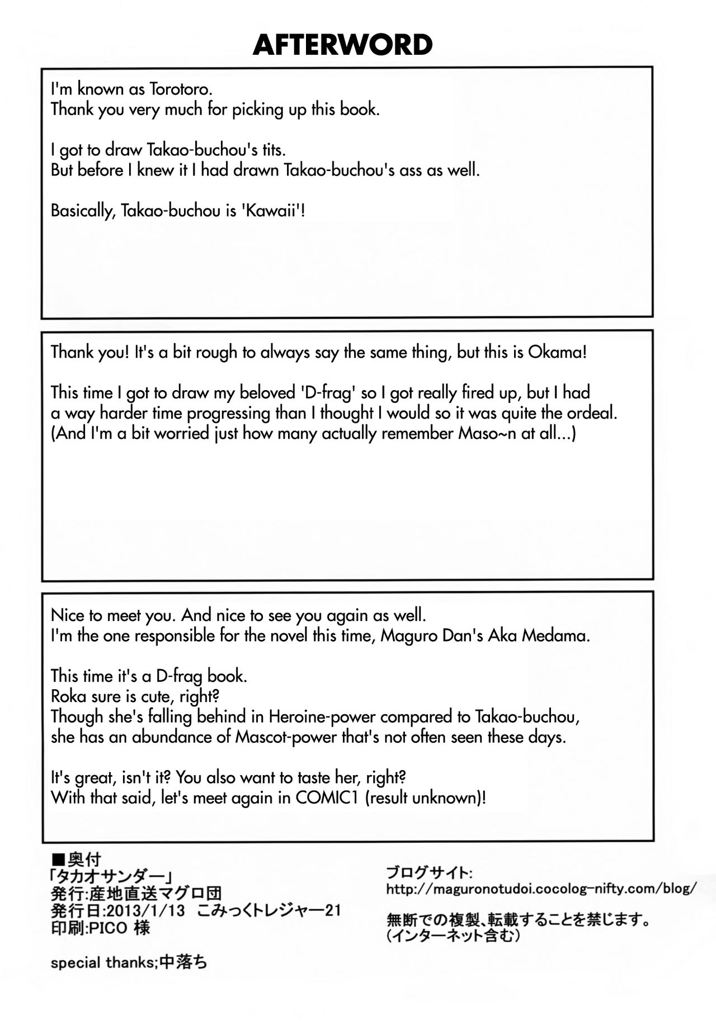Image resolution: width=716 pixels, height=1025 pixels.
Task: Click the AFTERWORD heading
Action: tap(342, 45)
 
